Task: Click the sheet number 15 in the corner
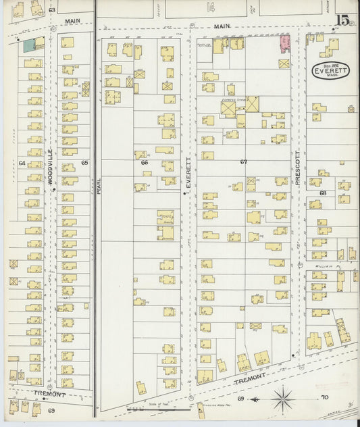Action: tap(344, 20)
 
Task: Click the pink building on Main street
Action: tap(285, 43)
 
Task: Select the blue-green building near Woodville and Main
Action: tap(29, 45)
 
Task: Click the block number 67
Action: tap(243, 162)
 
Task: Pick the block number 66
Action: tap(144, 163)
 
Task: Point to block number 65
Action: tap(84, 163)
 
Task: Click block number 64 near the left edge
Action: tap(22, 163)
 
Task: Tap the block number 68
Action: tap(323, 193)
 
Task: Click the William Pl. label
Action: tap(326, 266)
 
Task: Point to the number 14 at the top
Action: tap(211, 7)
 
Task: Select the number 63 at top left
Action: tap(52, 11)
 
